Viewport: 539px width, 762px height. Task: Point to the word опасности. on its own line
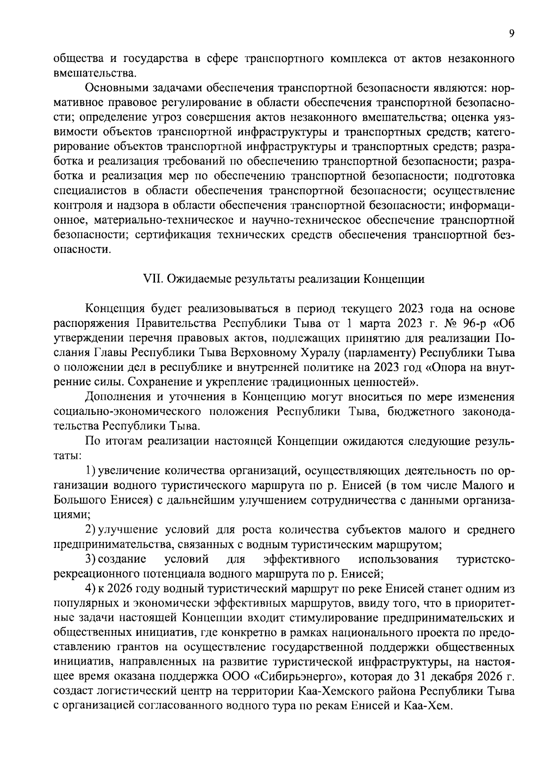pyautogui.click(x=82, y=250)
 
